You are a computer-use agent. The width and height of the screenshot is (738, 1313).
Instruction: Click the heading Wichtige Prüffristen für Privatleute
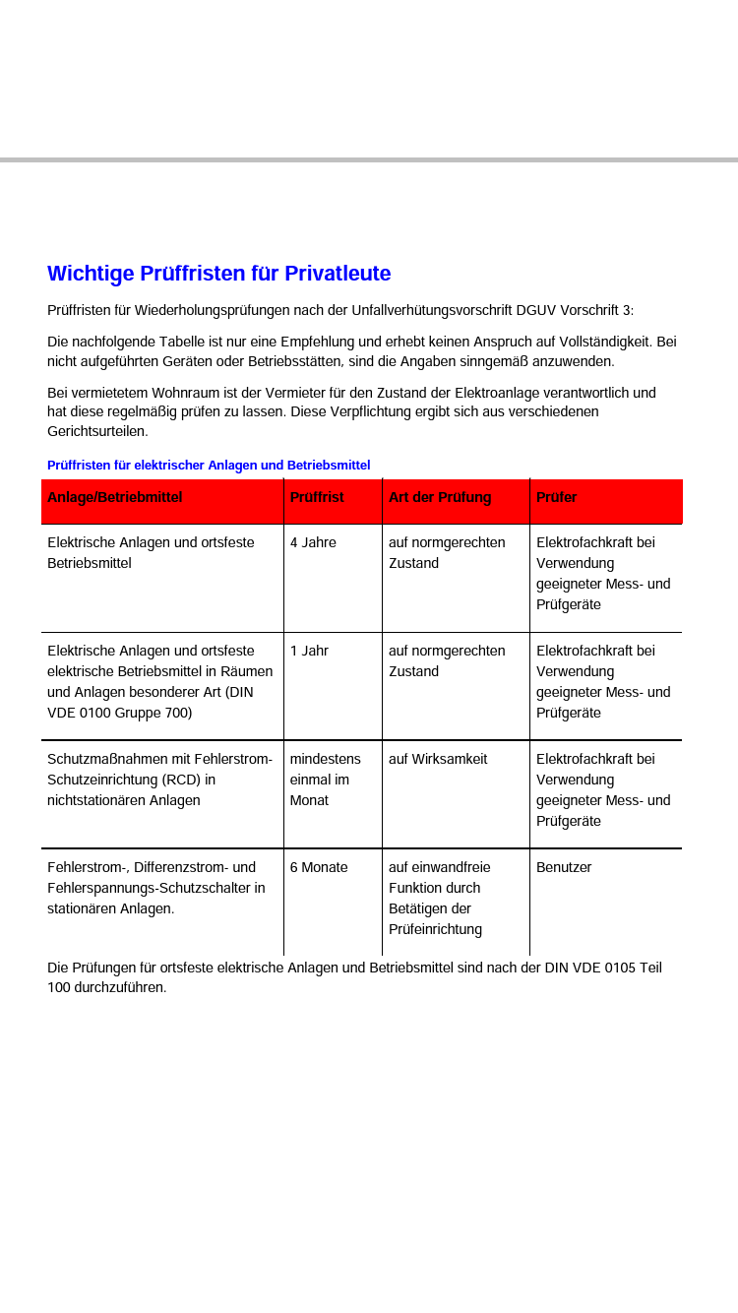218,274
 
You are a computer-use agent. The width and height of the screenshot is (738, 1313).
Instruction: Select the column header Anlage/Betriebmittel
115,497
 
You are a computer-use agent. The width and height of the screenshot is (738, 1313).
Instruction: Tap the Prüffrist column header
317,497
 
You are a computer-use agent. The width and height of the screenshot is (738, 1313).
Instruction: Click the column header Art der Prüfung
440,497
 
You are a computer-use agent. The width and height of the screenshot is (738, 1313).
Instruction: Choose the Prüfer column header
557,497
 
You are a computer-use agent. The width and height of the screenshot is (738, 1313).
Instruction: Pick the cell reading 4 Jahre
313,542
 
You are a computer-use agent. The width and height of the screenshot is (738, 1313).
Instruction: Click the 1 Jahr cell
309,651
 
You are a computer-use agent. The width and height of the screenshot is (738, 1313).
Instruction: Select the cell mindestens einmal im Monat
325,780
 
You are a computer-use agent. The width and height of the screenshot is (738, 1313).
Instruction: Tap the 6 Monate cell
319,867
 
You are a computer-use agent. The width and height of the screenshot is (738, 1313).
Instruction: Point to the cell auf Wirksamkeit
438,759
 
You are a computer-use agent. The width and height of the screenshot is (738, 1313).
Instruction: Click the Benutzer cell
564,867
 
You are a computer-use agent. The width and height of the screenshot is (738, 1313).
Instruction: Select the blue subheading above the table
209,465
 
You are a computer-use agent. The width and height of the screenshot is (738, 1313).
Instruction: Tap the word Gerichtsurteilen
97,431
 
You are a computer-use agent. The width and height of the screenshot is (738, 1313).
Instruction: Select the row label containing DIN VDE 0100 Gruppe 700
160,681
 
